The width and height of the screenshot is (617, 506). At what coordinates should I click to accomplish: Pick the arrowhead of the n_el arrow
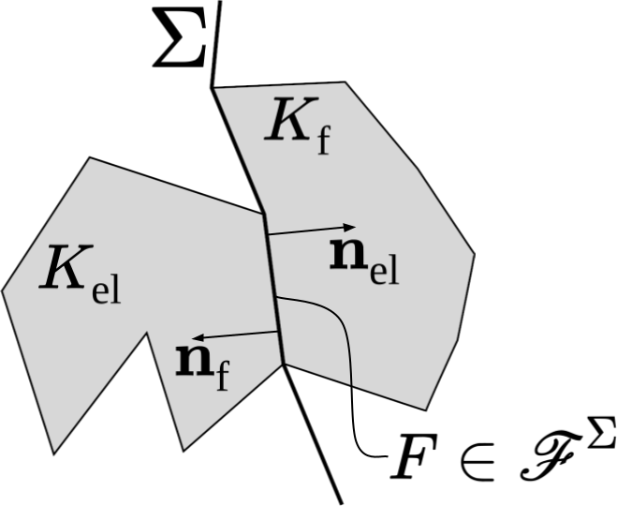coord(350,226)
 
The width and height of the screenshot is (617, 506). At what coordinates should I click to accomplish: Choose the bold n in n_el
coord(348,256)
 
